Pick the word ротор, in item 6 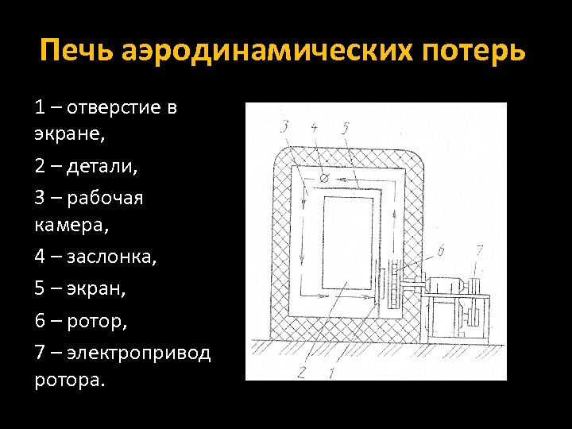click(99, 322)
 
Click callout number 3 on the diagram click(284, 126)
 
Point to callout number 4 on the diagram click(314, 126)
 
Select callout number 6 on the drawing click(441, 252)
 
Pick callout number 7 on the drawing click(478, 252)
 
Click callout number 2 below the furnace click(300, 370)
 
